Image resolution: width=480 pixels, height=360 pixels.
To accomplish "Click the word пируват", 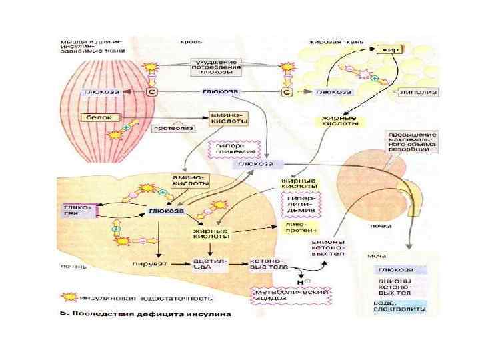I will (157, 263).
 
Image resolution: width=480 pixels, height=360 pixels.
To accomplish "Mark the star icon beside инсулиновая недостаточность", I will (68, 297).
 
